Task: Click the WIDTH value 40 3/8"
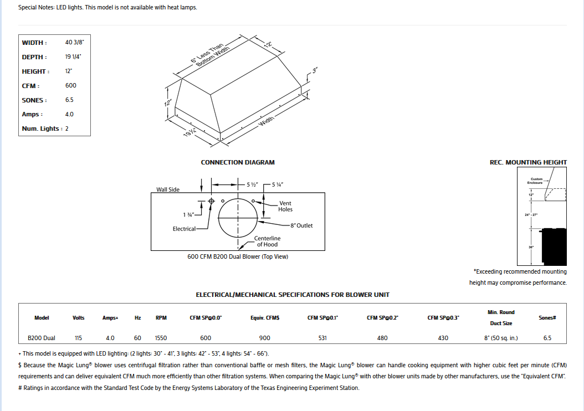[74, 43]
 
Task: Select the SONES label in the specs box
[34, 100]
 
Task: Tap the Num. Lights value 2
[67, 129]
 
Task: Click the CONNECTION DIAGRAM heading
[238, 162]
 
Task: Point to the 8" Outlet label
[301, 225]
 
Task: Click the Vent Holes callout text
[285, 207]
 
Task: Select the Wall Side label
[168, 189]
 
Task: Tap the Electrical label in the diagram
[184, 229]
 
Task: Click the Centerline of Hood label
[267, 242]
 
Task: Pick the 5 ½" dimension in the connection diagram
[251, 184]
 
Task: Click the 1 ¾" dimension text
[189, 214]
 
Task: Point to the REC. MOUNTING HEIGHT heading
[528, 162]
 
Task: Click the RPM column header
[161, 318]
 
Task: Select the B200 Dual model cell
[42, 338]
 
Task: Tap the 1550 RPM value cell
[161, 338]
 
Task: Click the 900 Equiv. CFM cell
[265, 338]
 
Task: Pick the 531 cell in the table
[322, 338]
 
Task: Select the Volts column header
[79, 318]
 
